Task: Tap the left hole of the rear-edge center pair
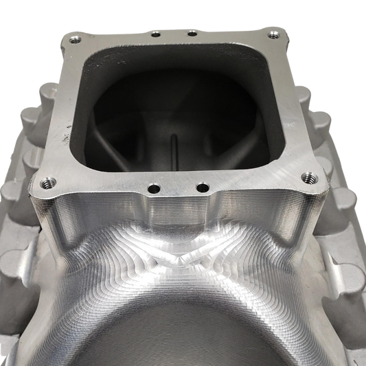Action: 155,34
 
